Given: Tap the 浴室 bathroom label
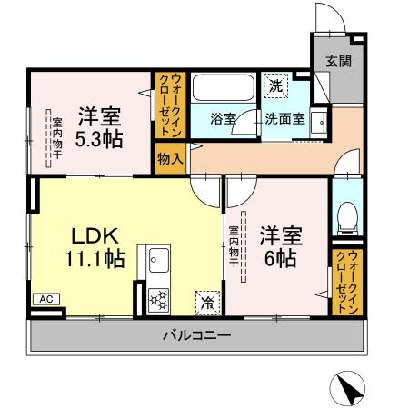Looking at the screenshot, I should [223, 118].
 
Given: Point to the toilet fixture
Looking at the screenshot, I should [346, 217].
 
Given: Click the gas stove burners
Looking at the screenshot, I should [157, 299].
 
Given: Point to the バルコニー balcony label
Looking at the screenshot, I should [196, 335].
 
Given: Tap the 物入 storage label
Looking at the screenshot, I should [170, 156].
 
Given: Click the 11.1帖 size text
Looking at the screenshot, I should [95, 259].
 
